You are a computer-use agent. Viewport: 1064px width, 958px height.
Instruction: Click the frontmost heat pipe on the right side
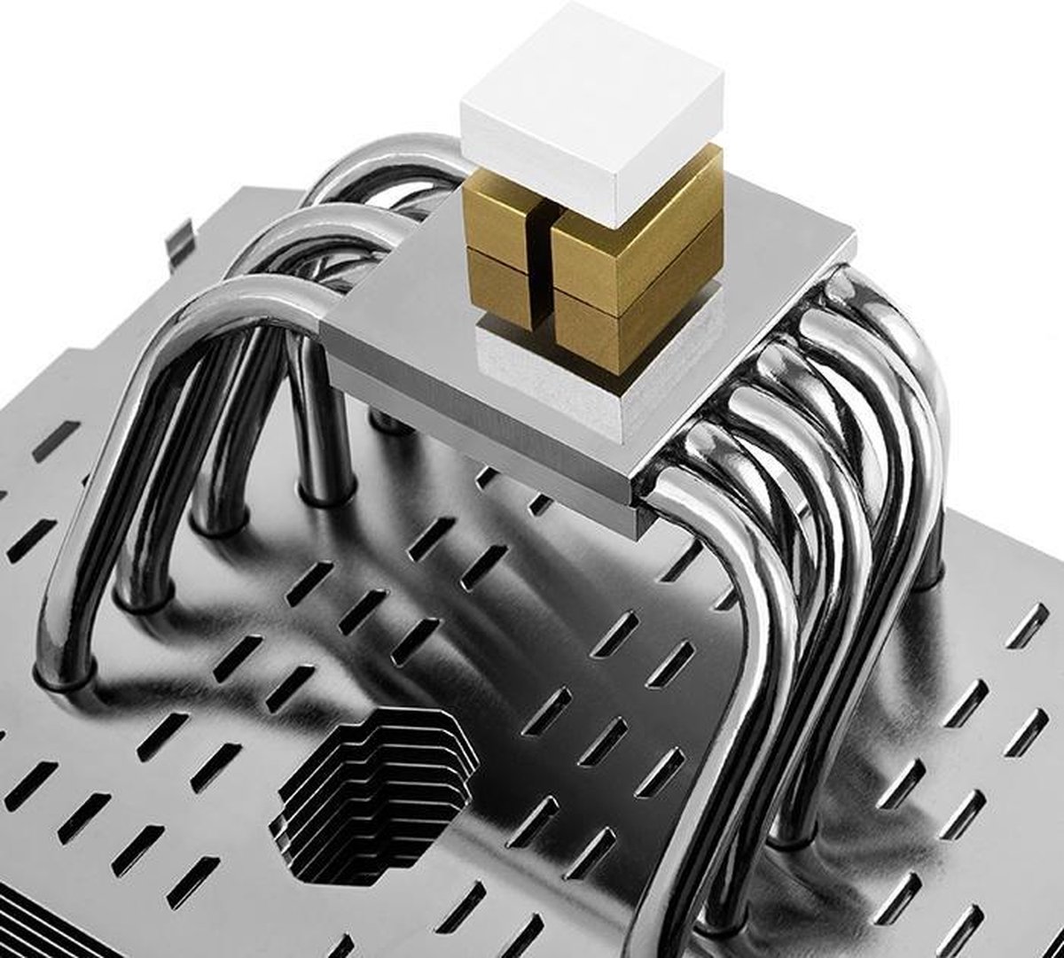(x=700, y=709)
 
